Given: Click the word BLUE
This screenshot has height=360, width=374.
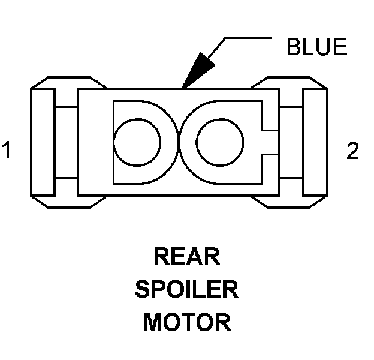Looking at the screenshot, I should coord(316,47).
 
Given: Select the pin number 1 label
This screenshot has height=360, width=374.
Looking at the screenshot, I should coord(7,151).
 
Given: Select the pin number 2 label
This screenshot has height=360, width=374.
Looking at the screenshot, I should coord(353,151).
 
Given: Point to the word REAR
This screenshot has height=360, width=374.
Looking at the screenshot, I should coord(186,257).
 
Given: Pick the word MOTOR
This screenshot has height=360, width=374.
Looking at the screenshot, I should coord(186,323).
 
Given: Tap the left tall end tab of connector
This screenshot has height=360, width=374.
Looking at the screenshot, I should coord(43,142).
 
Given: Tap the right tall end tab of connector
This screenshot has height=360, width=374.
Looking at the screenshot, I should coord(315,142).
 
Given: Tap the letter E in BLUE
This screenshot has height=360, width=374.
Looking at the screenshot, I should coord(339,47).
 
